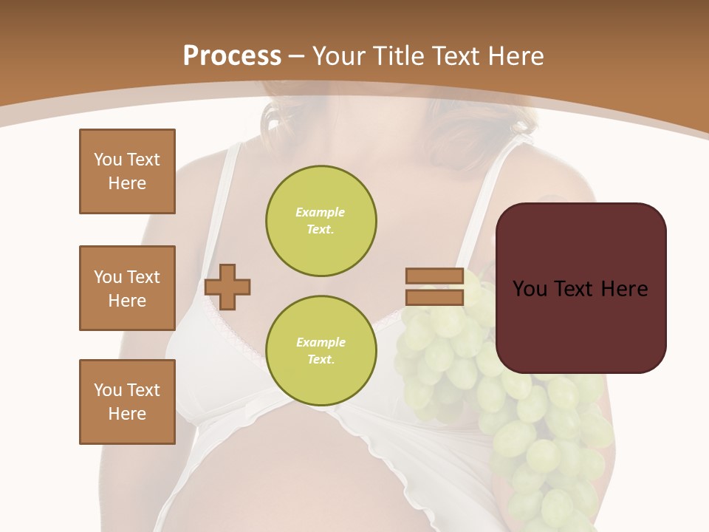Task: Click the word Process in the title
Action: [x=232, y=56]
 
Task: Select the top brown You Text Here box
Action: [x=127, y=171]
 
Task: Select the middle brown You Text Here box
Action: [x=127, y=288]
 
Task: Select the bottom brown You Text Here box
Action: [x=127, y=402]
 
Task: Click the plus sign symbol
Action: [x=227, y=287]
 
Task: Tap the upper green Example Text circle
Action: [x=321, y=221]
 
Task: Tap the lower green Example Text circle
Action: [x=321, y=351]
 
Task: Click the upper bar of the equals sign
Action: [x=434, y=276]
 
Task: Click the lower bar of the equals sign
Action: [x=434, y=297]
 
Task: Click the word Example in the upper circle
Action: [x=321, y=212]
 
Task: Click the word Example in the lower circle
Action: [x=321, y=342]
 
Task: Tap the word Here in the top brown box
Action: [x=127, y=183]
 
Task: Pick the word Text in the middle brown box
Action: [x=143, y=277]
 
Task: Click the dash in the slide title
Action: [x=297, y=56]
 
